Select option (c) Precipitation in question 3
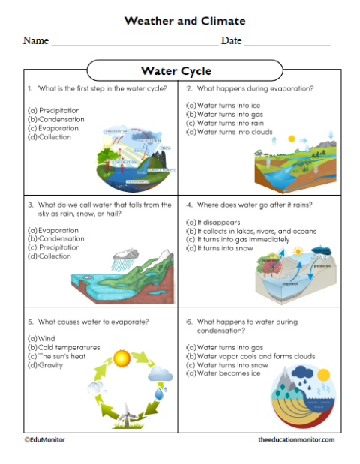(x=56, y=247)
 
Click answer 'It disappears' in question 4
(x=209, y=223)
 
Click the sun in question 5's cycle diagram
(x=122, y=357)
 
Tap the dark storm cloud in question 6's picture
(x=304, y=374)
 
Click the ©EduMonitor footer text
(x=44, y=439)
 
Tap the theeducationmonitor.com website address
(x=295, y=439)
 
